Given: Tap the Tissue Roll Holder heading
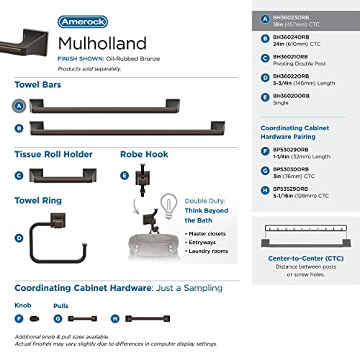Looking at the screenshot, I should [x=53, y=154].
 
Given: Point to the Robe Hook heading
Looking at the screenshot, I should [x=144, y=154].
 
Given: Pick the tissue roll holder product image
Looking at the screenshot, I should [x=58, y=175].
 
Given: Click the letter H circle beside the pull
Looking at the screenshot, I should [x=114, y=318].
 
